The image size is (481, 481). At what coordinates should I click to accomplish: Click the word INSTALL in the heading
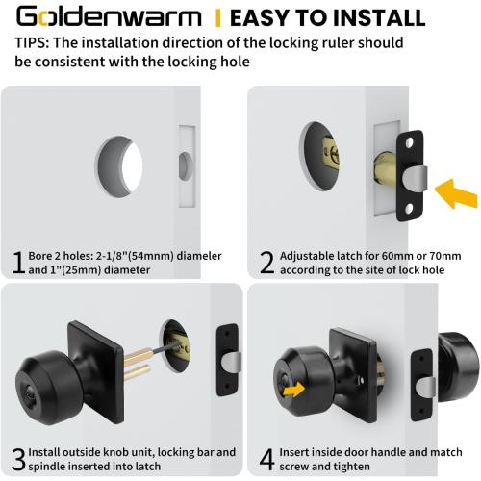click(369, 17)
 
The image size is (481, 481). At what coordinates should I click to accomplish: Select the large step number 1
click(16, 262)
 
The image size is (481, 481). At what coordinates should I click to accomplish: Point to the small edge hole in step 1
click(184, 165)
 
